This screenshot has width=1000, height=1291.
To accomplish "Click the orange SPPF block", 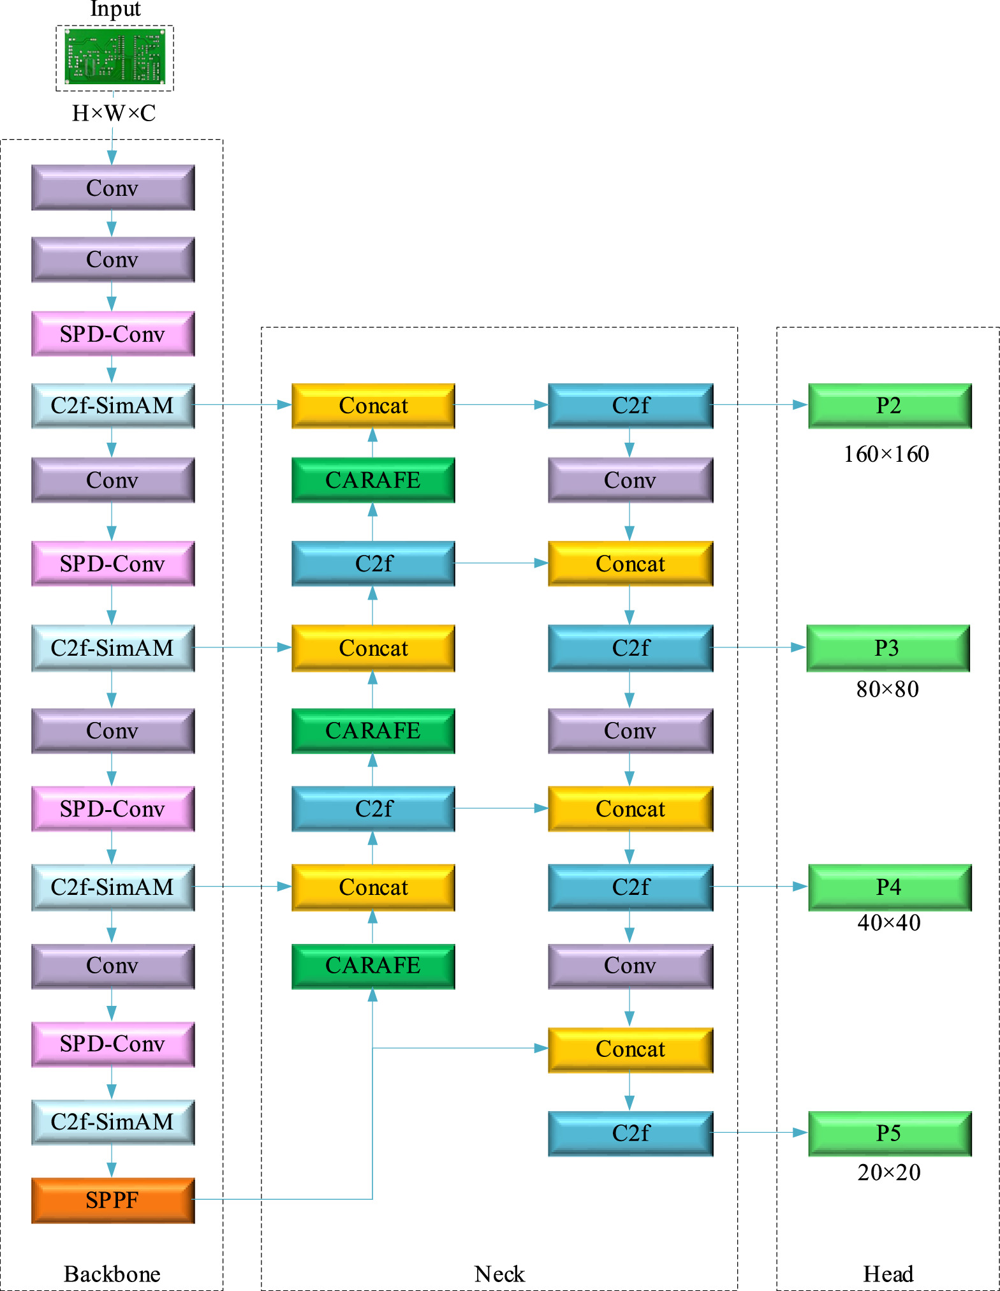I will coord(113,1200).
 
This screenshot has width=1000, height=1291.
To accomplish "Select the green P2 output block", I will coord(889,406).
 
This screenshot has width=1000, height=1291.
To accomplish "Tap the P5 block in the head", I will coord(889,1133).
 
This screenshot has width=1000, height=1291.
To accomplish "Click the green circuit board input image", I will coord(115,57).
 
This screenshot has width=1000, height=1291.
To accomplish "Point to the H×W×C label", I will coord(114,114).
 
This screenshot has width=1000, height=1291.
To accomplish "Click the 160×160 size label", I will coord(886,454).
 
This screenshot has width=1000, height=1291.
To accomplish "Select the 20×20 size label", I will coord(888,1172).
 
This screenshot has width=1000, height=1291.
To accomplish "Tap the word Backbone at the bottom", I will coord(112,1274).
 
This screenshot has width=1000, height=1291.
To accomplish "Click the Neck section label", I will coord(499,1274).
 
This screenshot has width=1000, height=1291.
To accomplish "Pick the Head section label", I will coord(888,1274).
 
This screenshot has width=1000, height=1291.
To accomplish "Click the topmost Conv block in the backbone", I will coord(113,188).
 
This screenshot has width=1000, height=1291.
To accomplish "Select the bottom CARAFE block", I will coord(373,966).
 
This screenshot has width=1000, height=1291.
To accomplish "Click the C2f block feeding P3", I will coord(630,648).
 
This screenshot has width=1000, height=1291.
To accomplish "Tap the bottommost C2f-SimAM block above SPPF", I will coord(113,1122).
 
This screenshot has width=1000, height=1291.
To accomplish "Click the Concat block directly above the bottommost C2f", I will coord(630,1049).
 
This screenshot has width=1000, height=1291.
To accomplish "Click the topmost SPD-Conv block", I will coord(113,334).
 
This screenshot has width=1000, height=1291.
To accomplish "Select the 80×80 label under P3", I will coord(887,690).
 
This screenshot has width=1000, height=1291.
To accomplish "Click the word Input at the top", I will coord(115,9).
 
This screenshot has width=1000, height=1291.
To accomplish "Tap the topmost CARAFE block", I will coord(373,480).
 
